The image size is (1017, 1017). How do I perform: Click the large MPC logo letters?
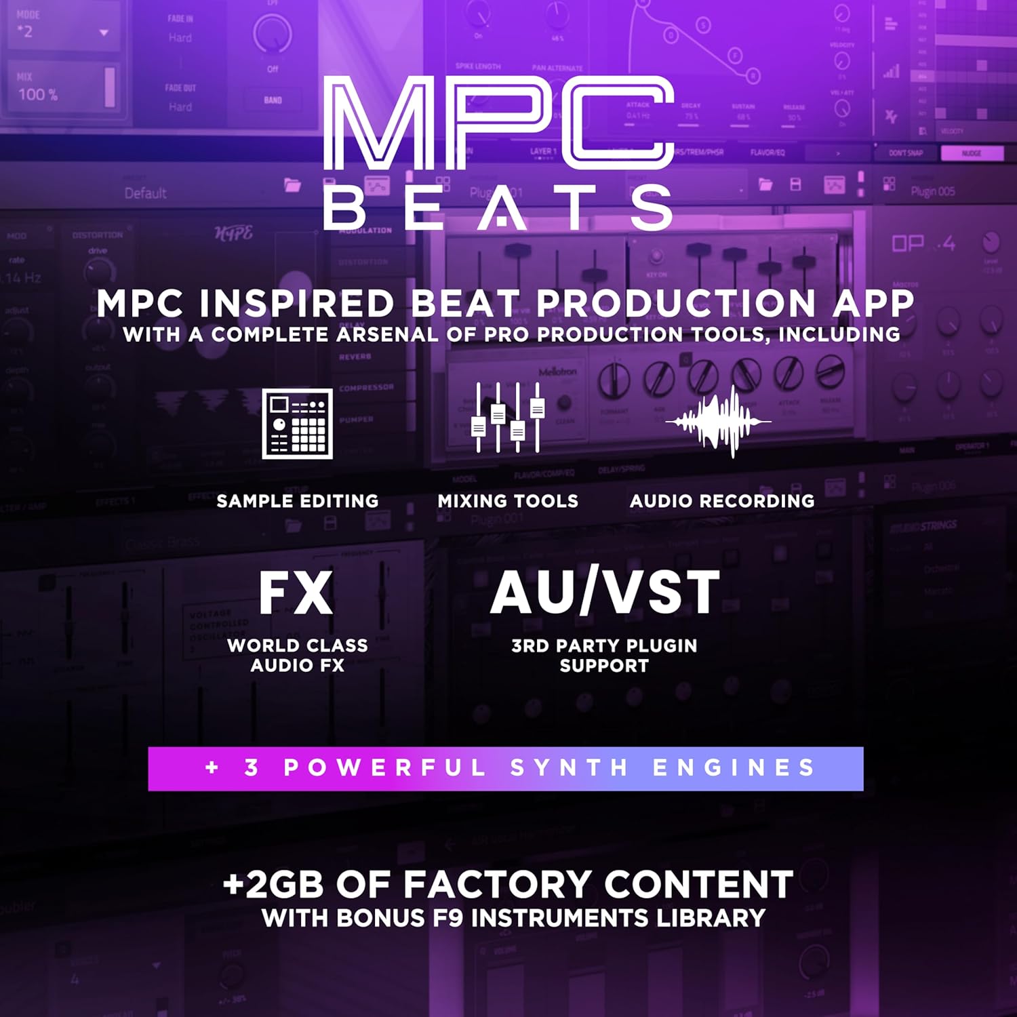[x=498, y=122]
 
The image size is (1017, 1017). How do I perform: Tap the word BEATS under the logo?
[x=498, y=208]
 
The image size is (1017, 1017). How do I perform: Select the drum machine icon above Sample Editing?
[x=297, y=423]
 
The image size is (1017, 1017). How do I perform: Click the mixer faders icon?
[x=508, y=418]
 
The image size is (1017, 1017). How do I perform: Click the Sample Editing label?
[x=297, y=501]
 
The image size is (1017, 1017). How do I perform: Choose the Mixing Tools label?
[x=508, y=501]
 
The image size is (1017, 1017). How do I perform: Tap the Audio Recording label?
[x=722, y=501]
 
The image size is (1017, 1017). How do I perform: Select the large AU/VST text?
[x=605, y=592]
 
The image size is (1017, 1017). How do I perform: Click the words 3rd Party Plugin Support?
[x=604, y=656]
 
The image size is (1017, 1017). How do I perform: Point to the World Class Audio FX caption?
[x=298, y=656]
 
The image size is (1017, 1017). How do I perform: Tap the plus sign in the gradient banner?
[x=212, y=767]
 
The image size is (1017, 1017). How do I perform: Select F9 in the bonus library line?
[x=448, y=919]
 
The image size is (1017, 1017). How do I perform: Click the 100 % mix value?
[x=38, y=94]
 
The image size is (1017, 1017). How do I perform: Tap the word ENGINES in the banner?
[x=734, y=768]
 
